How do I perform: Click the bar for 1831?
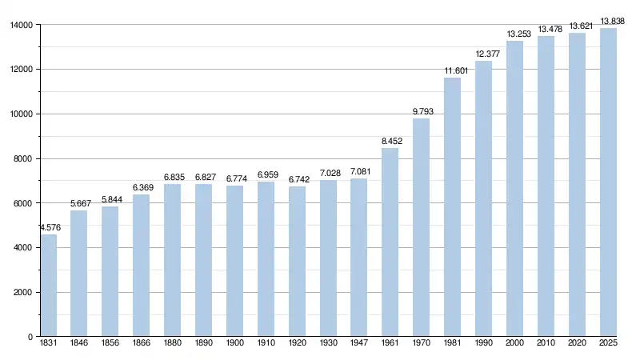[48, 286]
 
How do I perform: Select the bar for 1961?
[390, 242]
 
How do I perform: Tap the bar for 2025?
[608, 182]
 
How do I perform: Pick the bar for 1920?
[297, 262]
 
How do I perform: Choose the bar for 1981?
[452, 207]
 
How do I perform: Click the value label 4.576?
[48, 227]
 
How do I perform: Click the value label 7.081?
[359, 171]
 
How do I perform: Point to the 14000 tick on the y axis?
[21, 25]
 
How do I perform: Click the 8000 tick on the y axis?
[22, 158]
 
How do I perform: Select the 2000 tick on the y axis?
[22, 293]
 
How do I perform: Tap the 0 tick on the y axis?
[30, 337]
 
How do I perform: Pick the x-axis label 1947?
[358, 344]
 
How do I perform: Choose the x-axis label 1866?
[142, 344]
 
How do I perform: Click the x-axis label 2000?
[514, 344]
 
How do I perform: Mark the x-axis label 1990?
[483, 344]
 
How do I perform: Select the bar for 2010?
[546, 186]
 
